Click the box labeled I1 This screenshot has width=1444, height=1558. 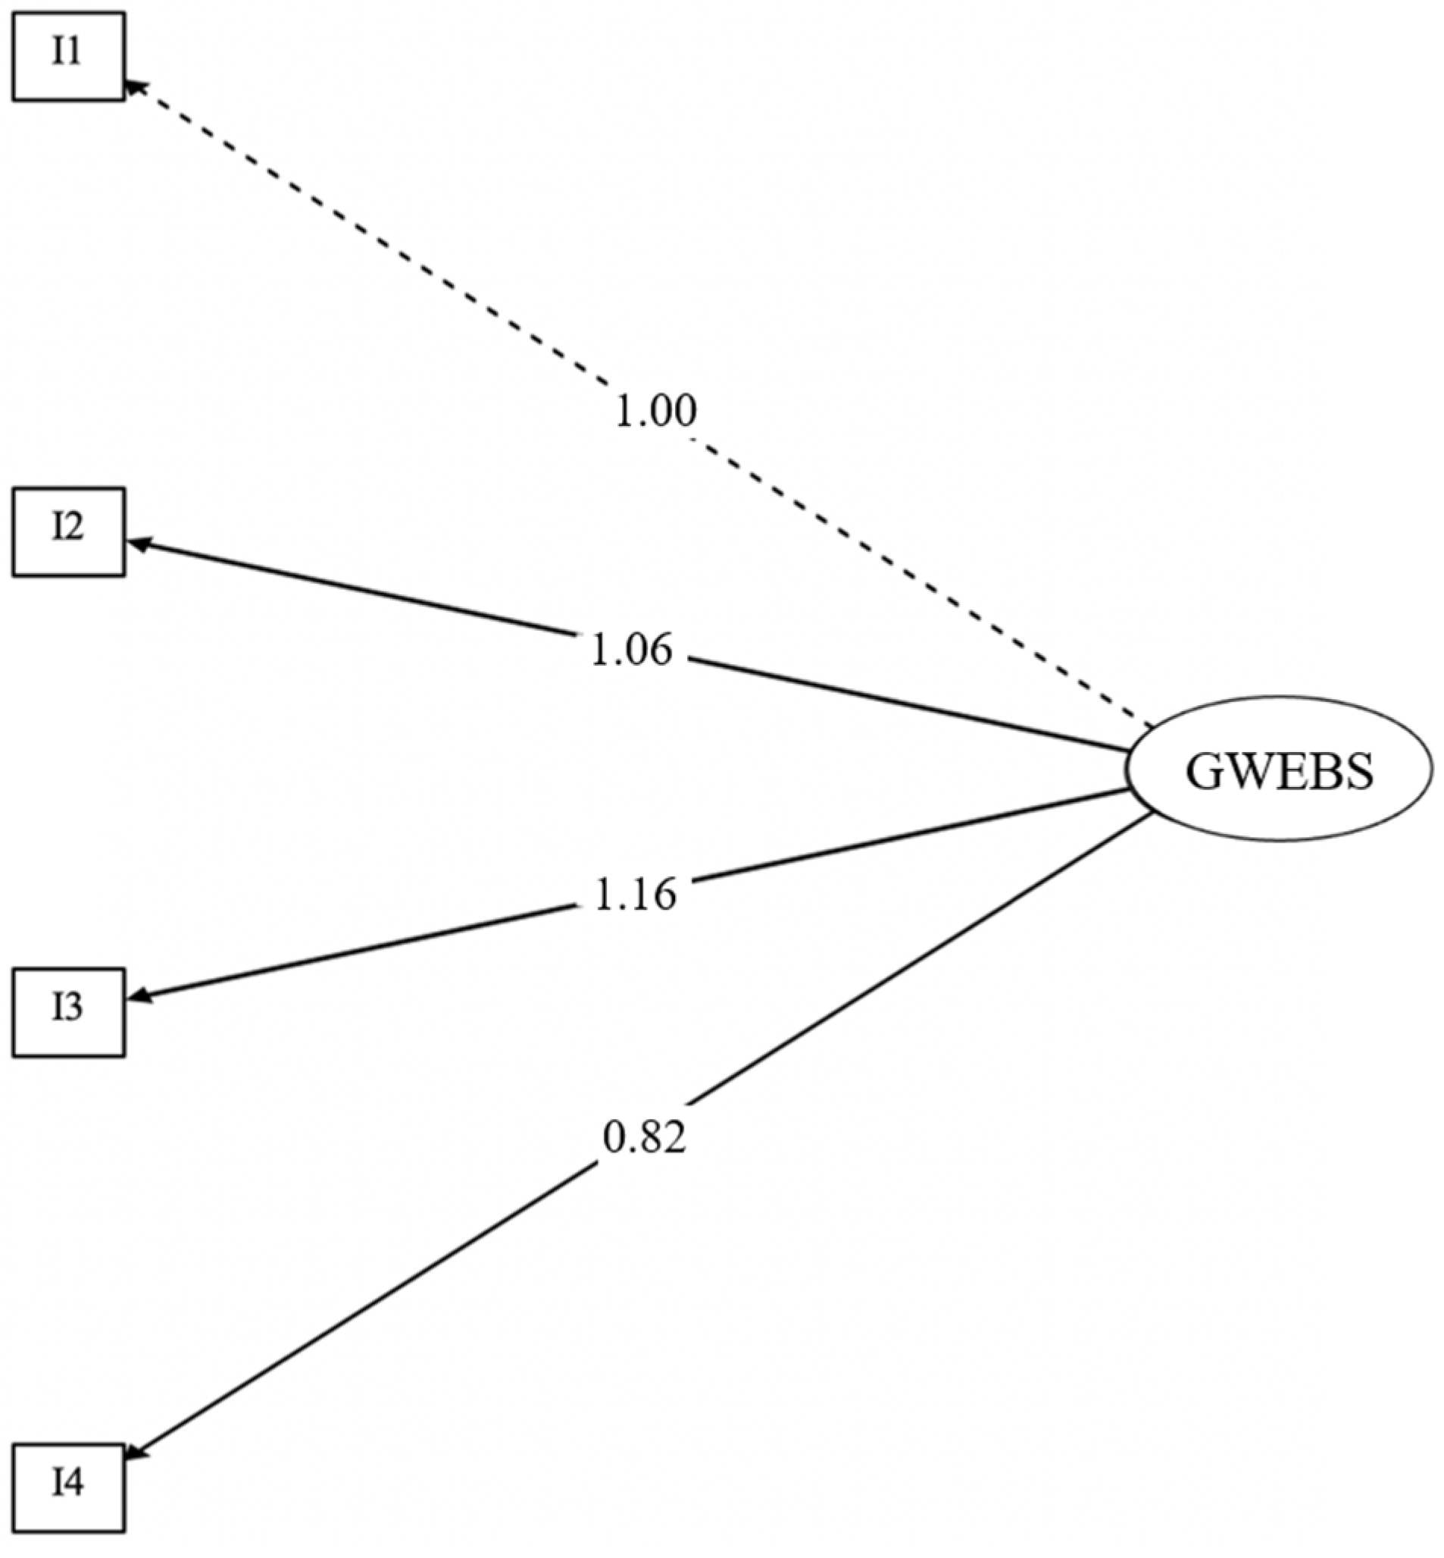(68, 55)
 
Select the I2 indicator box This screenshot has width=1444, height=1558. (68, 531)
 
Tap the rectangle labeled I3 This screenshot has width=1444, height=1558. (68, 1012)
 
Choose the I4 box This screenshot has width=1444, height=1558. (68, 1487)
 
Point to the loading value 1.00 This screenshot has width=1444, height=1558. (655, 411)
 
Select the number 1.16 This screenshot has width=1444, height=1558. (634, 895)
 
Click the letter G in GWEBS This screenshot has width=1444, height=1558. (1204, 772)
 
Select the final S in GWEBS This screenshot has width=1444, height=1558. (1358, 772)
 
